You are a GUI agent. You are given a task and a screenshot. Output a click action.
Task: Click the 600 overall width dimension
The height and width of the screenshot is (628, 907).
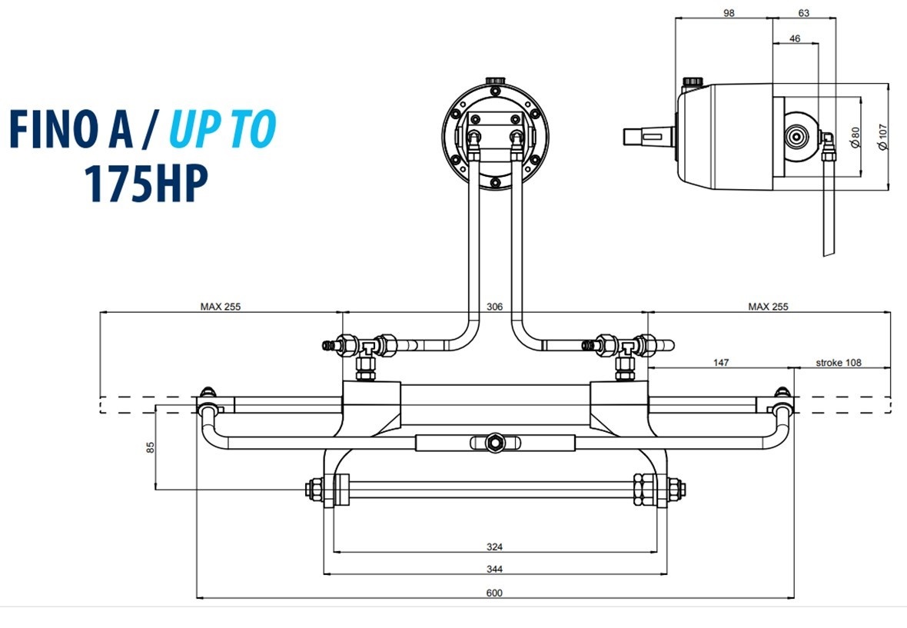pyautogui.click(x=494, y=593)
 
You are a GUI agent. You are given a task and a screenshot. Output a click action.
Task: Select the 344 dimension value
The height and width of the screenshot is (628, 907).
pyautogui.click(x=494, y=569)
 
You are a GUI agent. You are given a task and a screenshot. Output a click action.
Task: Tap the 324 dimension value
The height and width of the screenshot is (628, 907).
pyautogui.click(x=494, y=547)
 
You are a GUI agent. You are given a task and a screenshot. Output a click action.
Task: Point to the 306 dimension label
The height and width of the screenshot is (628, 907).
pyautogui.click(x=494, y=306)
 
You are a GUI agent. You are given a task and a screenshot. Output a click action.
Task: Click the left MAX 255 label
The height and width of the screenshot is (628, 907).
pyautogui.click(x=221, y=306)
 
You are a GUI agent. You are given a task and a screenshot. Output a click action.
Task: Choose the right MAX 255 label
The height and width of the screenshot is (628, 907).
pyautogui.click(x=768, y=306)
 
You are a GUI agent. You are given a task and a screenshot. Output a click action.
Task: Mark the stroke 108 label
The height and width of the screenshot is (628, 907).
pyautogui.click(x=839, y=361)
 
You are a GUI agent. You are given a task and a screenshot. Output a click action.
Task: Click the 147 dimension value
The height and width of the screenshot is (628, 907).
pyautogui.click(x=720, y=361)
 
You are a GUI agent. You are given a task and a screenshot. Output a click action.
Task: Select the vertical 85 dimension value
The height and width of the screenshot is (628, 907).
pyautogui.click(x=151, y=446)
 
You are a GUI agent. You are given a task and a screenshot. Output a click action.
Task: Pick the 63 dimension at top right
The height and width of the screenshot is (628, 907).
pyautogui.click(x=803, y=13)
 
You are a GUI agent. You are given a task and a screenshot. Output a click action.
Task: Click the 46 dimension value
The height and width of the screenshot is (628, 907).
pyautogui.click(x=795, y=38)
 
